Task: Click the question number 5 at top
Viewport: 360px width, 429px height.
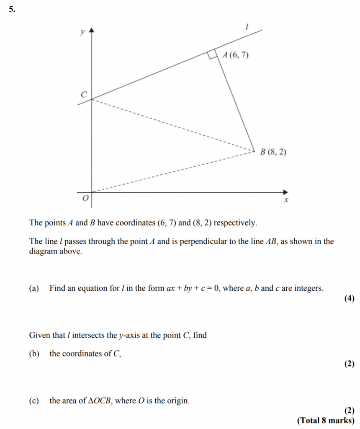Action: tap(11, 10)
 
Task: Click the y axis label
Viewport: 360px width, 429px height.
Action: tap(82, 31)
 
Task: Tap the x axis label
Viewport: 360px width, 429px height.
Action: tap(286, 201)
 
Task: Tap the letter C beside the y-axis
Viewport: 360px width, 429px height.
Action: tap(84, 95)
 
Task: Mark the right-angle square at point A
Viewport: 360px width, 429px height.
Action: tap(213, 55)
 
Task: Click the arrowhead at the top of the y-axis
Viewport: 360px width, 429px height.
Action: tap(92, 30)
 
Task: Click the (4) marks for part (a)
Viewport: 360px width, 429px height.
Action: tap(349, 298)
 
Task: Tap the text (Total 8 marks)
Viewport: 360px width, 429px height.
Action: tap(326, 420)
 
